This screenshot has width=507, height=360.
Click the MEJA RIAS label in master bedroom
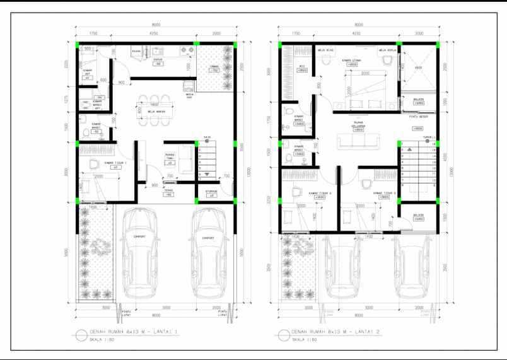325,49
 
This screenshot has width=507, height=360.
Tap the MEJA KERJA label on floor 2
387,49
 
